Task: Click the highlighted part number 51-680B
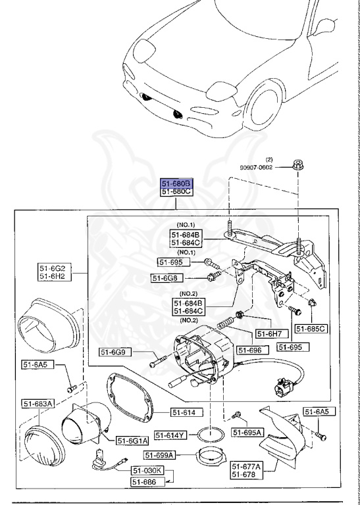click(x=176, y=183)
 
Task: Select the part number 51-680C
click(x=176, y=191)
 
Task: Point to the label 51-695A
click(x=247, y=432)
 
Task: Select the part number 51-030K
click(x=147, y=471)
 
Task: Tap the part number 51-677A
click(x=246, y=466)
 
